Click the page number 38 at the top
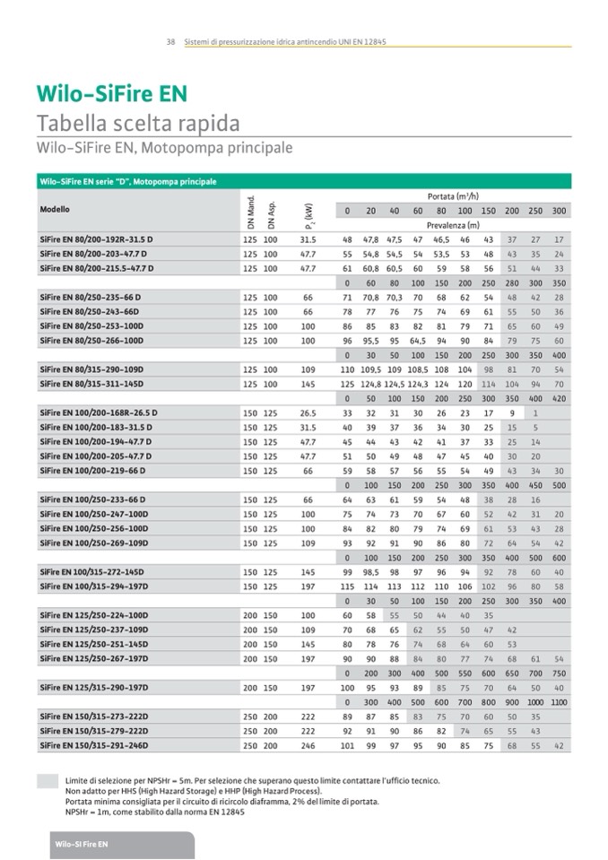(170, 41)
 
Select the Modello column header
(54, 210)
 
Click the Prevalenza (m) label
(452, 225)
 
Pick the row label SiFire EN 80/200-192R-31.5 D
(96, 240)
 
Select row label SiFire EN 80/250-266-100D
(91, 341)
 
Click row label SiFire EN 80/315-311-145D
(91, 384)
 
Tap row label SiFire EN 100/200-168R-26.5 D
(98, 413)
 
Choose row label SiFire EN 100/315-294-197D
(92, 586)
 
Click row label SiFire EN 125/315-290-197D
(92, 687)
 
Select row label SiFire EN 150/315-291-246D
(92, 745)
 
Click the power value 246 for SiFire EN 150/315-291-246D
(308, 745)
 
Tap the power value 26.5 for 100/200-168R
(308, 413)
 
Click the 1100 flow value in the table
(559, 702)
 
